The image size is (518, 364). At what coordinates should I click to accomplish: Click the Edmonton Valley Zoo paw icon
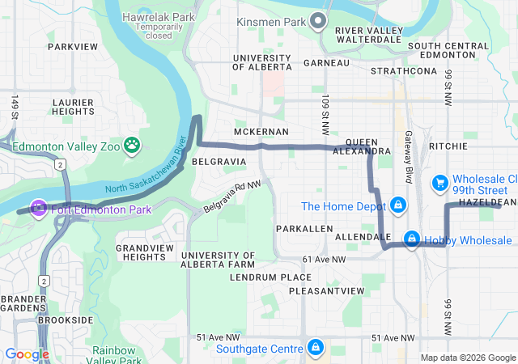click(x=132, y=146)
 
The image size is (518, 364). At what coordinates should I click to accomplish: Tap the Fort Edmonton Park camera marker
click(x=38, y=209)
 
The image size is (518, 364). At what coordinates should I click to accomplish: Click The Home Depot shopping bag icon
click(x=397, y=205)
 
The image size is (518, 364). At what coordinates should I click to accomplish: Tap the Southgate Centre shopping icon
click(x=316, y=349)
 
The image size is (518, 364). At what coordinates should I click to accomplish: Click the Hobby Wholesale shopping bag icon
click(x=412, y=239)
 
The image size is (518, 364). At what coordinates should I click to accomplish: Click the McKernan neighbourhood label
click(x=261, y=131)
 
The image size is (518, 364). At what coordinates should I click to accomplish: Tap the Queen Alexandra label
click(x=361, y=146)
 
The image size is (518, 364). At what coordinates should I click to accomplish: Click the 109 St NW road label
click(x=325, y=116)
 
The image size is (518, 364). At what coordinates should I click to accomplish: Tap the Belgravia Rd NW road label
click(x=232, y=197)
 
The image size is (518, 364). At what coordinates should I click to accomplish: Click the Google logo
click(x=27, y=353)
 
